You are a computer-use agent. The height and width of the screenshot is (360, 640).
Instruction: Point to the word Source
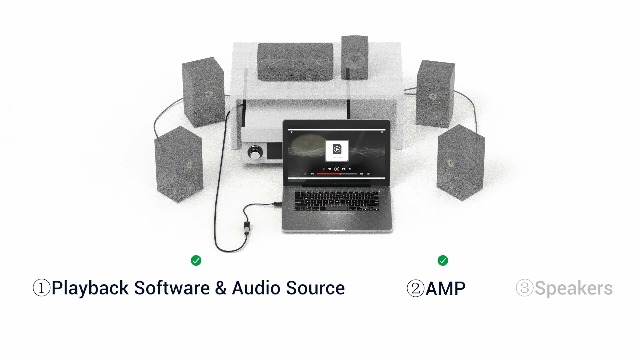click(x=317, y=288)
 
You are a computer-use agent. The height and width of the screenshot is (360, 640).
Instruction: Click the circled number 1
click(x=41, y=289)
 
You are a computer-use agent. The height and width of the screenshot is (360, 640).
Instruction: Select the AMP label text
click(x=445, y=289)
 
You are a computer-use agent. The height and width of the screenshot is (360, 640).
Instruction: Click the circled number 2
click(x=414, y=289)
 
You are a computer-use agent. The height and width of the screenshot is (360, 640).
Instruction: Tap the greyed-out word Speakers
click(x=573, y=289)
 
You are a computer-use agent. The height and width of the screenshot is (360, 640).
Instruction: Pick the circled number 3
click(x=524, y=289)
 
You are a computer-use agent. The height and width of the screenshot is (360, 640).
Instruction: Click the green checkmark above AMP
click(x=443, y=260)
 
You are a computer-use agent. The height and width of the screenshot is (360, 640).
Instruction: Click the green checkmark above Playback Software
click(x=196, y=260)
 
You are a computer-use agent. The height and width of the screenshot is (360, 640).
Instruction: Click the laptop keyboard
click(x=334, y=199)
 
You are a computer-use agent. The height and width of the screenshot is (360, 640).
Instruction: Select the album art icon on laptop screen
click(x=337, y=149)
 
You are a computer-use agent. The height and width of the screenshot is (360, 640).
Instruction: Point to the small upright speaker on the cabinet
click(x=354, y=57)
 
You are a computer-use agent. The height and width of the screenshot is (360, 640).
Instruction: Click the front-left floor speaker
click(x=178, y=162)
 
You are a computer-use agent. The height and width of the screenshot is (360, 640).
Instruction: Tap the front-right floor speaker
click(x=460, y=160)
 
